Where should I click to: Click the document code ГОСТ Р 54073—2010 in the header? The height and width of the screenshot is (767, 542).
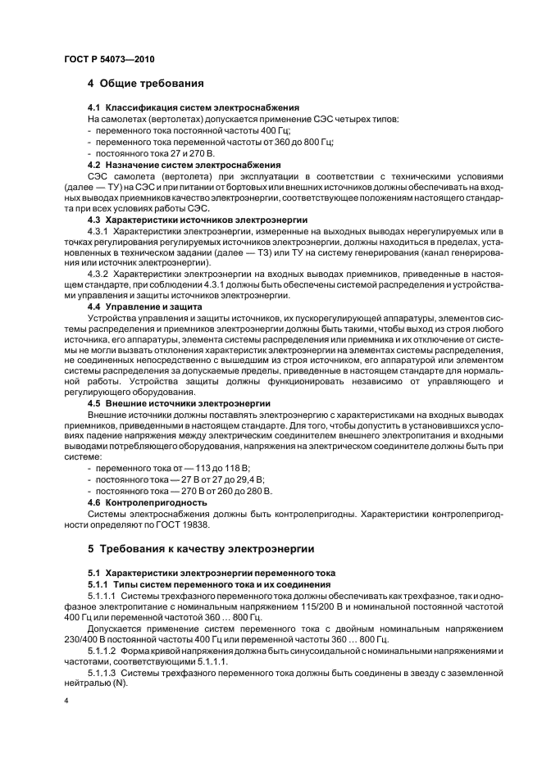coord(109,59)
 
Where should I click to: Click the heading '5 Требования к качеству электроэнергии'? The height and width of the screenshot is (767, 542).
coord(200,548)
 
